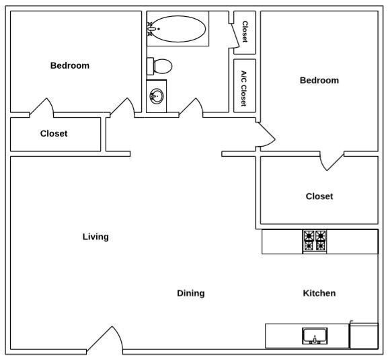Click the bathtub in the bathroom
(x=180, y=29)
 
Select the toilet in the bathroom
(x=161, y=66)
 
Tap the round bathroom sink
(x=157, y=96)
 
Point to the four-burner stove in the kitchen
(x=315, y=241)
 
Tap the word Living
(x=95, y=237)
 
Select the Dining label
(x=191, y=293)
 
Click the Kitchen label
(x=319, y=293)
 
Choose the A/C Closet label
(x=244, y=89)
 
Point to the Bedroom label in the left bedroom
(x=70, y=66)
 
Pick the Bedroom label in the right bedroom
(x=319, y=81)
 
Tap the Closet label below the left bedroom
(x=54, y=134)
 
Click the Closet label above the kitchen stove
(x=319, y=196)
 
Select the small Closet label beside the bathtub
(x=245, y=32)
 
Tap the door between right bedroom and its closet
(x=332, y=161)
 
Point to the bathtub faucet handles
(x=151, y=28)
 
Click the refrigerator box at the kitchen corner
(x=364, y=335)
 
